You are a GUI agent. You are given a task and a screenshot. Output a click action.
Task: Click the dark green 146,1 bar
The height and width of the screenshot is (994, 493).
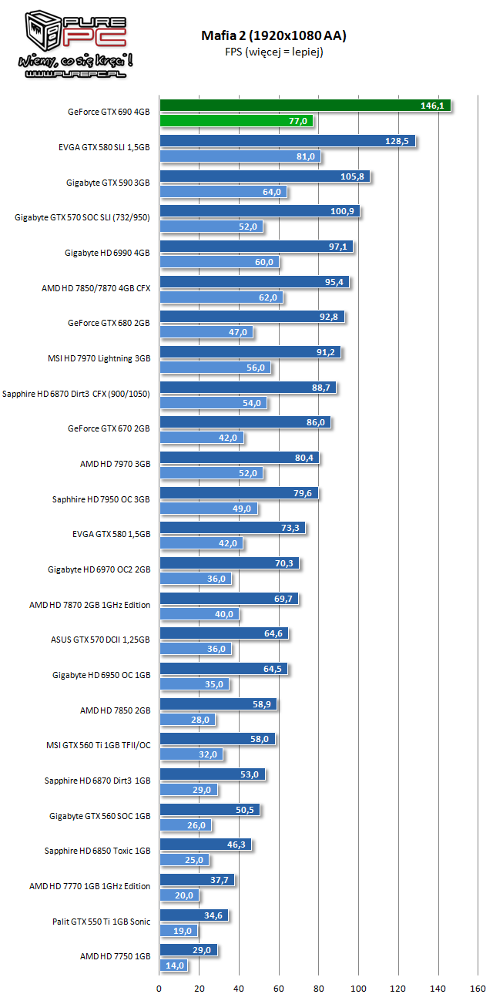coord(304,106)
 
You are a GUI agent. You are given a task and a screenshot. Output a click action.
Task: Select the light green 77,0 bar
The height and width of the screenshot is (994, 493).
coord(236,120)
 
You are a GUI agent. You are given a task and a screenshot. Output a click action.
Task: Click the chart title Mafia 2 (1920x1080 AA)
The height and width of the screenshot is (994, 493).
coord(274,35)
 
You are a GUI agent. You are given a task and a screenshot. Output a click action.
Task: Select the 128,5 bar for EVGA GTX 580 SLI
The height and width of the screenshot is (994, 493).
coord(287,141)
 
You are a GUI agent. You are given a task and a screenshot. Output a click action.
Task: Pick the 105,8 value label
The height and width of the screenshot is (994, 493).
coord(355,176)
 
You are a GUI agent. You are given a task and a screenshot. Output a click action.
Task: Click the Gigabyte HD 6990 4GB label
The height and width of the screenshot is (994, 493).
coord(107,253)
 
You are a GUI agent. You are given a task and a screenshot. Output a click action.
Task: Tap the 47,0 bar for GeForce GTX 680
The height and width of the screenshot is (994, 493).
coord(206,332)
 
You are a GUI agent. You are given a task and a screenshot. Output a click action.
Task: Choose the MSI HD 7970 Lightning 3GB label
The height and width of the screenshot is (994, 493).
coord(99,358)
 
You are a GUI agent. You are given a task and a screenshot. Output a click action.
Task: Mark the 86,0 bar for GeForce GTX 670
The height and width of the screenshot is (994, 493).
coord(244,422)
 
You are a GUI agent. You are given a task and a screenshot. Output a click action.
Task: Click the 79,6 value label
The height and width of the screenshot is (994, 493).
coord(304,493)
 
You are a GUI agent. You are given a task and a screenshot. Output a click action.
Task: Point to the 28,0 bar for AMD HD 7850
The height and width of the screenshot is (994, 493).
coord(187,720)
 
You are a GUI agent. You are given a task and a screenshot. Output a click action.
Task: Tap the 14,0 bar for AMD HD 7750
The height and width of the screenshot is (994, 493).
coord(173,965)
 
